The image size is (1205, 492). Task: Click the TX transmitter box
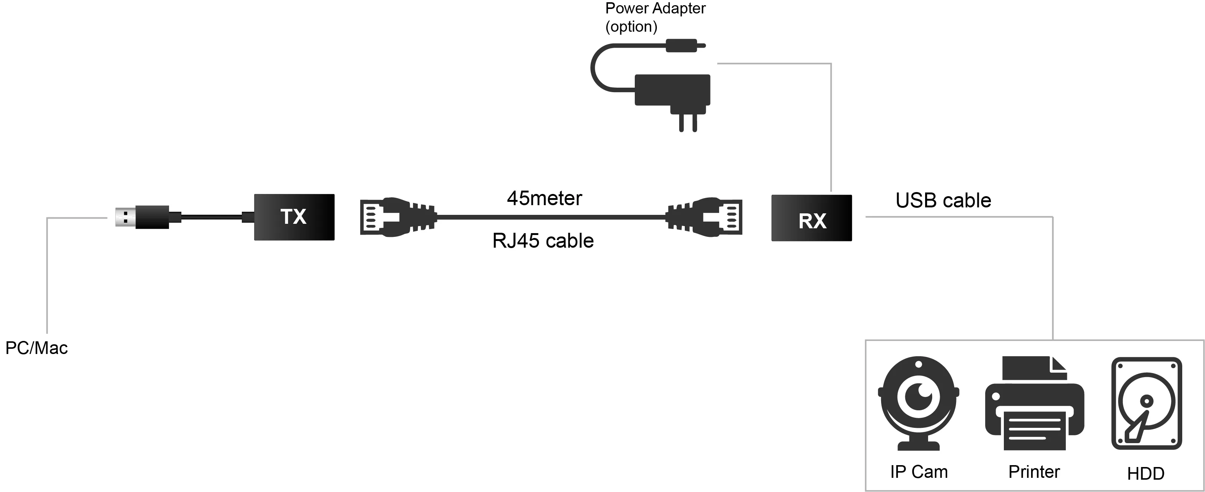pyautogui.click(x=294, y=217)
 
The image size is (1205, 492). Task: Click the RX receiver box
pyautogui.click(x=812, y=218)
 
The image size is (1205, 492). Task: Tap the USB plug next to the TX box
pyautogui.click(x=142, y=217)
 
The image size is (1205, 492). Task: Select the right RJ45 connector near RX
pyautogui.click(x=704, y=217)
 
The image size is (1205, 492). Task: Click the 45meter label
pyautogui.click(x=544, y=198)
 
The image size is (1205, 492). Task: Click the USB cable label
pyautogui.click(x=943, y=200)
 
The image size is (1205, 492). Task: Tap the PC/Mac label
pyautogui.click(x=37, y=348)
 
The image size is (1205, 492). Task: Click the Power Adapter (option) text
pyautogui.click(x=655, y=17)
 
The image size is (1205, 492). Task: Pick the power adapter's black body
pyautogui.click(x=672, y=90)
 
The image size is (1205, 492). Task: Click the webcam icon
pyautogui.click(x=919, y=403)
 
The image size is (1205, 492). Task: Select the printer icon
pyautogui.click(x=1034, y=403)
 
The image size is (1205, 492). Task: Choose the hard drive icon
pyautogui.click(x=1146, y=403)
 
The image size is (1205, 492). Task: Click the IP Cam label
pyautogui.click(x=919, y=472)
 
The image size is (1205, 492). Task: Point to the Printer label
pyautogui.click(x=1034, y=472)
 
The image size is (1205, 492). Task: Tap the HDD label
pyautogui.click(x=1146, y=474)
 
